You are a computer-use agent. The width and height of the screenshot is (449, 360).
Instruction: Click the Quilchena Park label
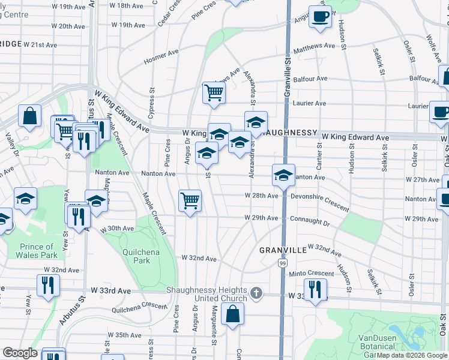pyautogui.click(x=142, y=257)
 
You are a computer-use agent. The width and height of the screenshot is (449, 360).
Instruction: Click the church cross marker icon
pyautogui.click(x=256, y=293)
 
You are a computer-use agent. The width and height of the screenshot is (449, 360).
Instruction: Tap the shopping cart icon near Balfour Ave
pyautogui.click(x=214, y=93)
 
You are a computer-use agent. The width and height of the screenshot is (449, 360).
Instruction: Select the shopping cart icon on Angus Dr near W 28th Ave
pyautogui.click(x=190, y=200)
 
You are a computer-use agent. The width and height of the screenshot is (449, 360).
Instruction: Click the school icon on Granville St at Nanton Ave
pyautogui.click(x=283, y=175)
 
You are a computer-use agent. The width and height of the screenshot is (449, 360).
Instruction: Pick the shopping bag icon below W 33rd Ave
pyautogui.click(x=232, y=314)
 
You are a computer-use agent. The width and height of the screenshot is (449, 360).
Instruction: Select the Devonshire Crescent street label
pyautogui.click(x=319, y=202)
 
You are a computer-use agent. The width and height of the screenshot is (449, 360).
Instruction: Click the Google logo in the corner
pyautogui.click(x=20, y=353)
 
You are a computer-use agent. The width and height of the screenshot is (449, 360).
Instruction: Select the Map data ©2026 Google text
pyautogui.click(x=412, y=355)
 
